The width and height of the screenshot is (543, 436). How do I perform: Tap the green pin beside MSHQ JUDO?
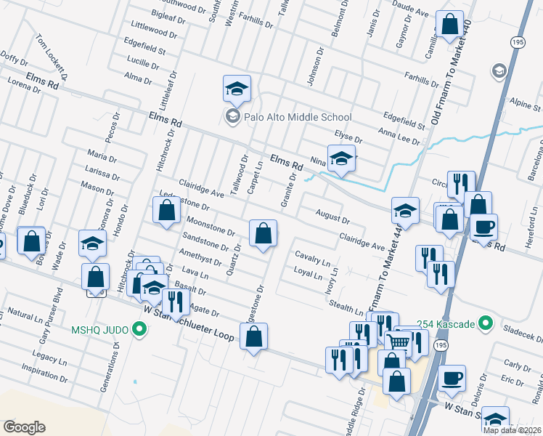click(141, 331)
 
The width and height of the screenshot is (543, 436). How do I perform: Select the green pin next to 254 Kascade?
click(487, 323)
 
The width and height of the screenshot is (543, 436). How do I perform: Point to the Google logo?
click(25, 427)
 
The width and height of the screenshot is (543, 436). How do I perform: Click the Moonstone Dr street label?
click(210, 227)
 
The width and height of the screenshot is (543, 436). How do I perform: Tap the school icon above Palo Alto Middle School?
click(237, 89)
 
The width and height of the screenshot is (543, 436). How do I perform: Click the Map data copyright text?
click(511, 430)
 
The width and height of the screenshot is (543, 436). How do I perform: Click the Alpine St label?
click(525, 102)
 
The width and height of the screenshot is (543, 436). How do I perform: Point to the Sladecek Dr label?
click(524, 334)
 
